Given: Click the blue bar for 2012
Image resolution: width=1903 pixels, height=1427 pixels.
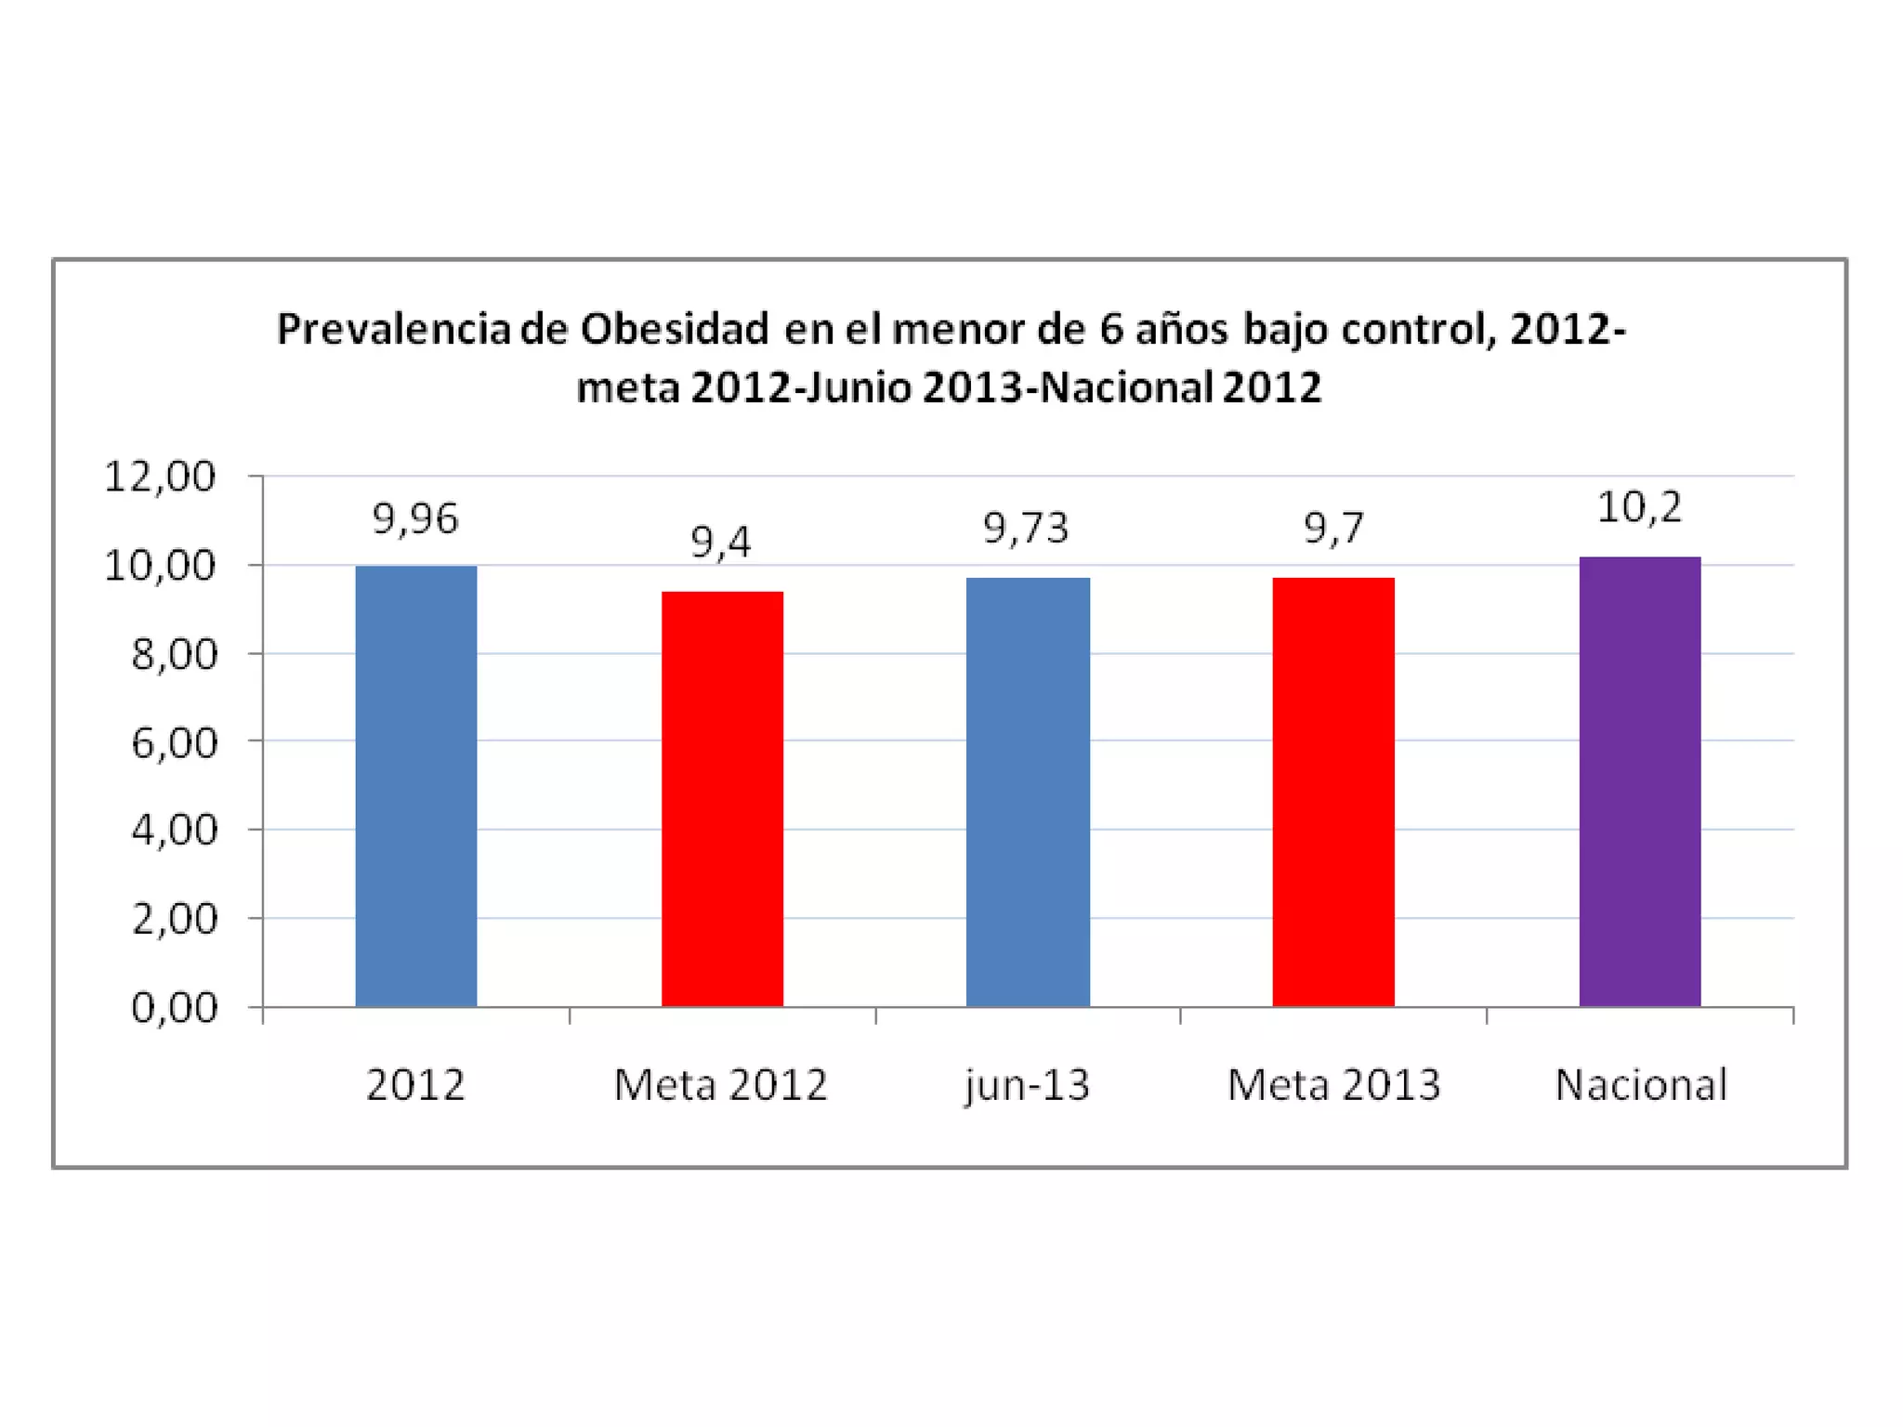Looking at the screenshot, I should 416,786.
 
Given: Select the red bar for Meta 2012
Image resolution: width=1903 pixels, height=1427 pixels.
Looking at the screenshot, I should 722,799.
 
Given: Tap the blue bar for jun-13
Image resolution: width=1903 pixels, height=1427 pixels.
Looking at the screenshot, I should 1028,792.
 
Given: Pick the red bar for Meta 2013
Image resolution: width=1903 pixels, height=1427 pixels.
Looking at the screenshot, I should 1333,792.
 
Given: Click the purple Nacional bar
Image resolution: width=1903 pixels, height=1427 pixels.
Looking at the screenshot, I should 1640,781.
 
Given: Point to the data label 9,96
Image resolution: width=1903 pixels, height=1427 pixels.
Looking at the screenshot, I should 415,518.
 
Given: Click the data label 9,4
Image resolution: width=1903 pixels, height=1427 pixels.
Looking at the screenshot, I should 720,542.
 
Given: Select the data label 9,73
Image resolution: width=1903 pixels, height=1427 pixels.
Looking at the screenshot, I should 1026,529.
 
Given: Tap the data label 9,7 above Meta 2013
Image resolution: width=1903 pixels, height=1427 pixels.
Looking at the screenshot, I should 1333,529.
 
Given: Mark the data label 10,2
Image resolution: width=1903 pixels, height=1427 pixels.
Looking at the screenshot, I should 1639,507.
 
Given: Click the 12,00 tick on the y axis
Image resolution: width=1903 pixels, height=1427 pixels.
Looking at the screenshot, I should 160,477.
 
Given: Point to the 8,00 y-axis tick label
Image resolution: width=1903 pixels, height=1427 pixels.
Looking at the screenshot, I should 174,654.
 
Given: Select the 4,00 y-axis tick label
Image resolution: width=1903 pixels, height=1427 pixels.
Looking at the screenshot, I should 174,830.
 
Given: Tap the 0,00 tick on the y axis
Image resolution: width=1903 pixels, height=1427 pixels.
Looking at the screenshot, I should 174,1007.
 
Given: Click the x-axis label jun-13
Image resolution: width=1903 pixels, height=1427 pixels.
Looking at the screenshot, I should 1027,1085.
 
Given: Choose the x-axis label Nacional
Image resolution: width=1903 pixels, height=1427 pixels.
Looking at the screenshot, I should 1641,1085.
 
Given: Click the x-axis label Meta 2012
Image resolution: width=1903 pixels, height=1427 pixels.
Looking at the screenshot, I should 720,1085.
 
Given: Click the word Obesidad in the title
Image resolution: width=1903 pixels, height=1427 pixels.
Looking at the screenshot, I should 675,329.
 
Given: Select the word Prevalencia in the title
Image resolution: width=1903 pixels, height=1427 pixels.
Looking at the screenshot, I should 394,329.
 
